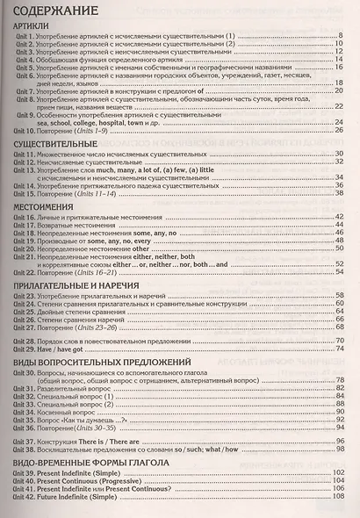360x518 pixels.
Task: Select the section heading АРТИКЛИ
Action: pyautogui.click(x=32, y=28)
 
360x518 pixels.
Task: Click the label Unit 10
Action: pyautogui.click(x=25, y=131)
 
